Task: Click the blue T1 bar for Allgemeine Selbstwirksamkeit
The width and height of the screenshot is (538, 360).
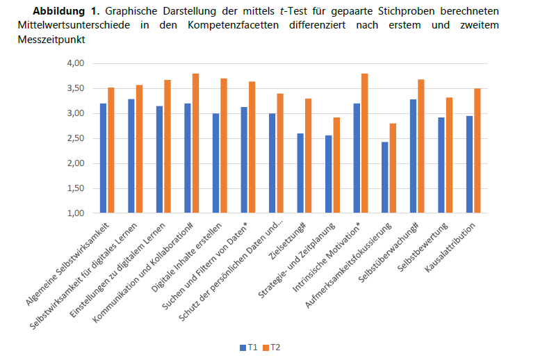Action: pyautogui.click(x=103, y=158)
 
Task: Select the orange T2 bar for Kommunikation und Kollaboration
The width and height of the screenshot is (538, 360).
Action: pyautogui.click(x=195, y=143)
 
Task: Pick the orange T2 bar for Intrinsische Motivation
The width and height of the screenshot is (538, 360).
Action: pyautogui.click(x=365, y=143)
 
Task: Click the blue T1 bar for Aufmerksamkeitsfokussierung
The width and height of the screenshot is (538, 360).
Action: pyautogui.click(x=384, y=177)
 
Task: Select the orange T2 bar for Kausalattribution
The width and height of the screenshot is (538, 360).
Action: pyautogui.click(x=478, y=151)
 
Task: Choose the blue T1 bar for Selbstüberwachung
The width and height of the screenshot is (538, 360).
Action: pyautogui.click(x=412, y=156)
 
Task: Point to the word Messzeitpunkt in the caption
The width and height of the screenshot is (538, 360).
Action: pyautogui.click(x=44, y=40)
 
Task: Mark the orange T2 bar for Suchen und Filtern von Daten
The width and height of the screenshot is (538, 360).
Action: pyautogui.click(x=252, y=147)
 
